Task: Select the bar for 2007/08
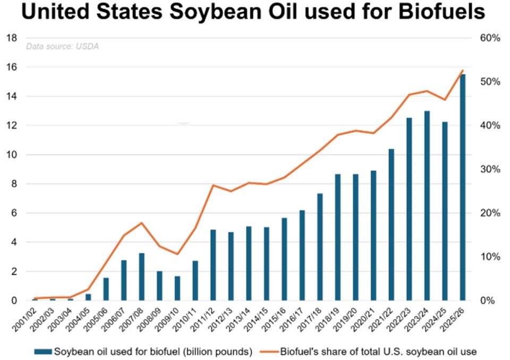[142, 277]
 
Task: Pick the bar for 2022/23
[409, 209]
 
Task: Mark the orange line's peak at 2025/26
[463, 71]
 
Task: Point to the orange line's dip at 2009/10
[177, 254]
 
